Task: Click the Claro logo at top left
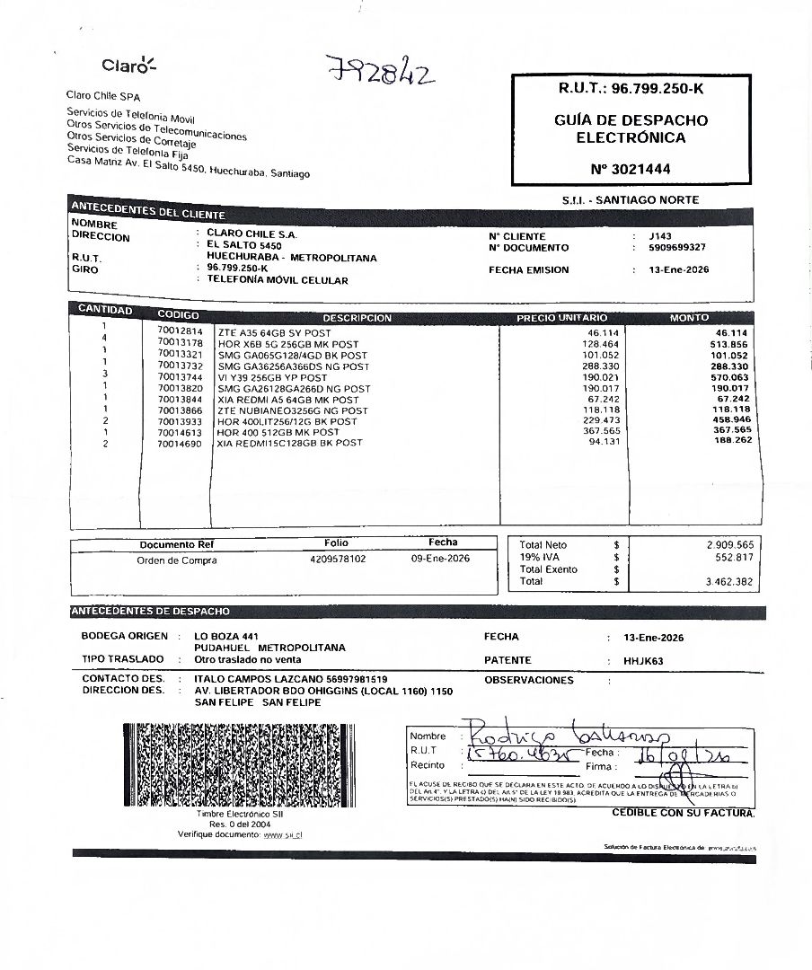(x=128, y=65)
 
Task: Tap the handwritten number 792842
(x=381, y=69)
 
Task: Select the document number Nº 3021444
(x=631, y=168)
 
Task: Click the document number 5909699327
(x=677, y=248)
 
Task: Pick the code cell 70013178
(x=180, y=343)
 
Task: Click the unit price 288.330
(x=602, y=366)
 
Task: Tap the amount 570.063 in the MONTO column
(x=729, y=377)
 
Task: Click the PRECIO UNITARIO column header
(x=561, y=318)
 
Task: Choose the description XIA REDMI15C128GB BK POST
(x=289, y=443)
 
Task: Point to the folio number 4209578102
(x=338, y=559)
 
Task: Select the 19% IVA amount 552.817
(x=735, y=557)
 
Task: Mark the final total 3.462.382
(x=730, y=582)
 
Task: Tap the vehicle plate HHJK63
(x=643, y=660)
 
